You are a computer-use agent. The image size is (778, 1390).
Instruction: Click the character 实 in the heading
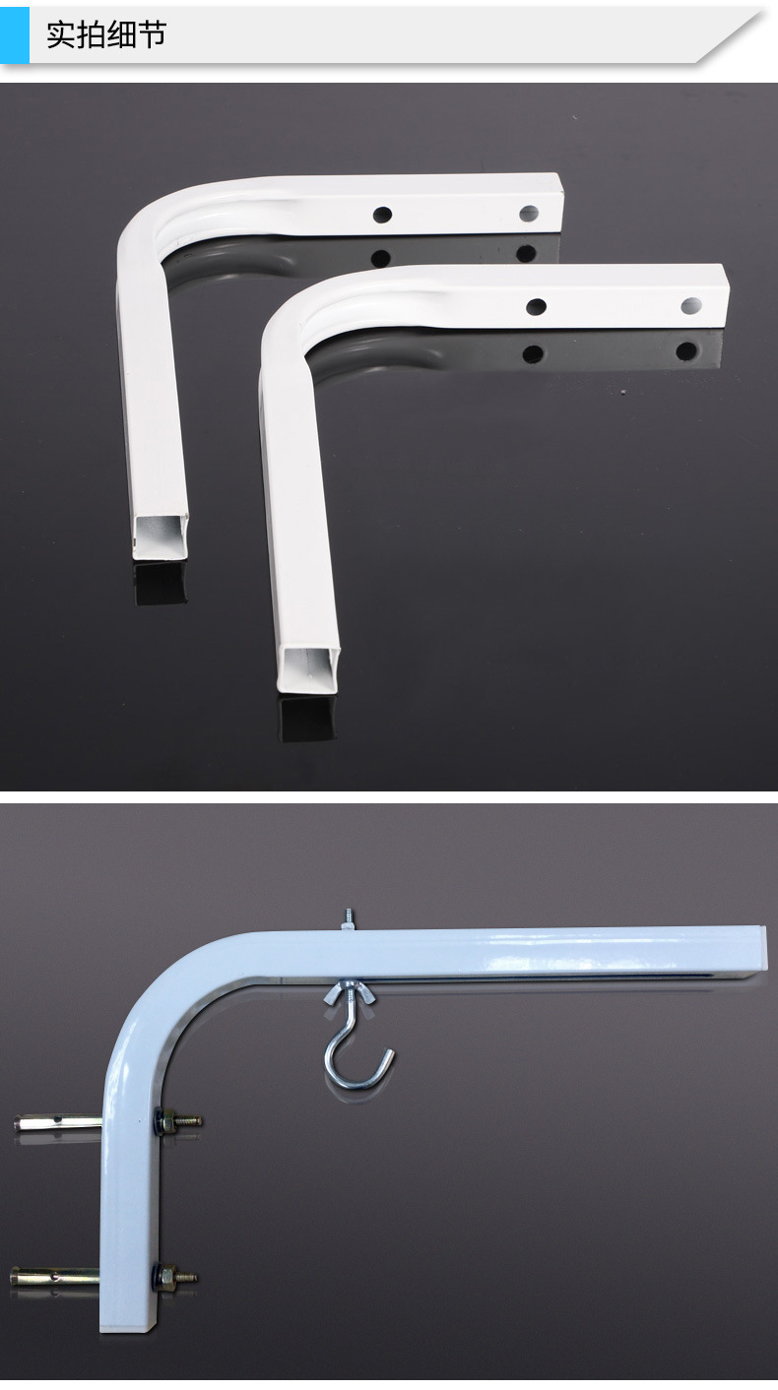[61, 34]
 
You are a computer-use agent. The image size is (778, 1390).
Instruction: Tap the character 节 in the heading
[152, 34]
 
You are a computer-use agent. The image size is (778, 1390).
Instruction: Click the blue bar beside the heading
[15, 34]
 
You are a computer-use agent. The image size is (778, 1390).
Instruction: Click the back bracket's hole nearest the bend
[382, 215]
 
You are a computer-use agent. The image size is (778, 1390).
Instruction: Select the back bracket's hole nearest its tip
[529, 214]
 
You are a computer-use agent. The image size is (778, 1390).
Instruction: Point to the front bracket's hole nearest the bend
[536, 306]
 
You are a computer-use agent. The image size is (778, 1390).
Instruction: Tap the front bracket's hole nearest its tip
[691, 305]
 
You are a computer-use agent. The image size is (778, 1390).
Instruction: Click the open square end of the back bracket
[161, 537]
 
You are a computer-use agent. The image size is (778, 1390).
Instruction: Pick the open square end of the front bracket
[308, 669]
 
